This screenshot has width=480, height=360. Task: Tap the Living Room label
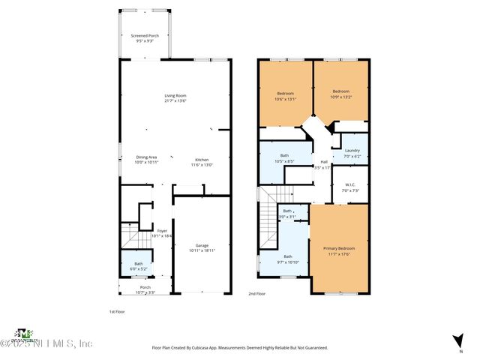(175, 97)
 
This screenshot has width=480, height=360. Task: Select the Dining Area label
(146, 159)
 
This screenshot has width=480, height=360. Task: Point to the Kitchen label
(202, 161)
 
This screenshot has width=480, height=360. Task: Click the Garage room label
(202, 247)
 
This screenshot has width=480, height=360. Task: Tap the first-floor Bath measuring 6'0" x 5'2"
(139, 265)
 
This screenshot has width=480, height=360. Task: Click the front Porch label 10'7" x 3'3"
(145, 289)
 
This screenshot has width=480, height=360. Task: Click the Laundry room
(352, 152)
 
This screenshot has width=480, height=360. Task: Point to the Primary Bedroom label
(339, 250)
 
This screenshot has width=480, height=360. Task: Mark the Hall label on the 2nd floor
(324, 164)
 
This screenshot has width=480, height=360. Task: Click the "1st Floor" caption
(117, 310)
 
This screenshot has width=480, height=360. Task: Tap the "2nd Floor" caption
(257, 294)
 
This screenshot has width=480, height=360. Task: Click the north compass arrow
(457, 340)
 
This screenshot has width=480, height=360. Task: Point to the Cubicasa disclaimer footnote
(239, 347)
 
